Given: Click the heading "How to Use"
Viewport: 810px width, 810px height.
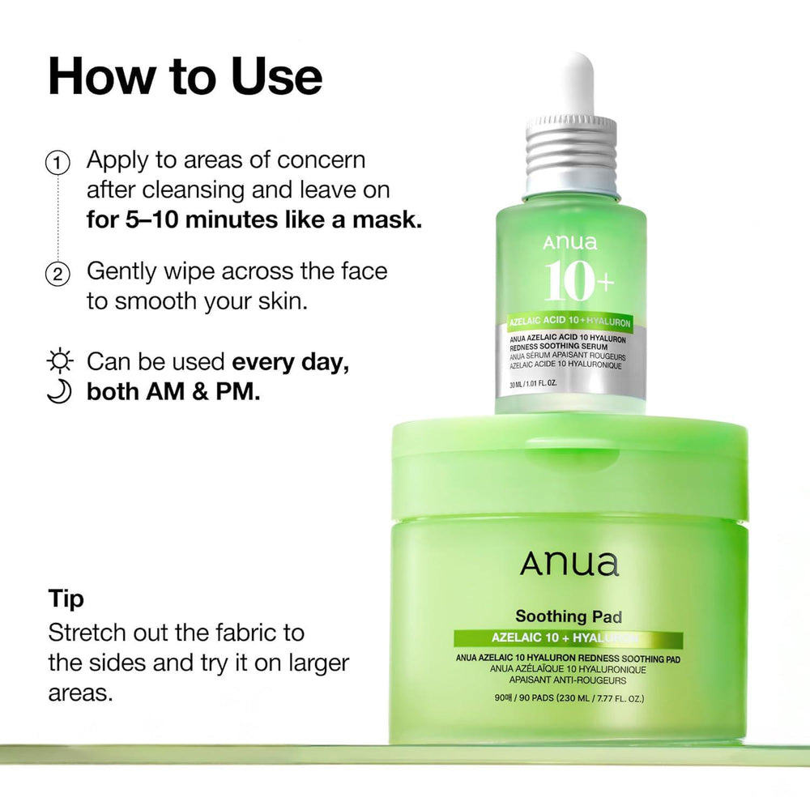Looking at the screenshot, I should pyautogui.click(x=185, y=77).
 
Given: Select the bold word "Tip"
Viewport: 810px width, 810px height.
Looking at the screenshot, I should pyautogui.click(x=66, y=599).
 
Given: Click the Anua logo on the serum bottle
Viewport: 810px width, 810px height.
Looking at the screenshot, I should pyautogui.click(x=570, y=242).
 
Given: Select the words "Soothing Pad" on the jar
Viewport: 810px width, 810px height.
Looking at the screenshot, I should pyautogui.click(x=569, y=617).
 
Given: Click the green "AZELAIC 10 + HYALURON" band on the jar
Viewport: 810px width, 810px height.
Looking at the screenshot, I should pyautogui.click(x=568, y=640).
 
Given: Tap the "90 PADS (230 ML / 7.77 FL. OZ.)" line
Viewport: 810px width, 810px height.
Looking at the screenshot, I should pyautogui.click(x=569, y=698).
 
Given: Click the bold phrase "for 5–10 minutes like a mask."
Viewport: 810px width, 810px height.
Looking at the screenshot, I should pyautogui.click(x=254, y=220).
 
